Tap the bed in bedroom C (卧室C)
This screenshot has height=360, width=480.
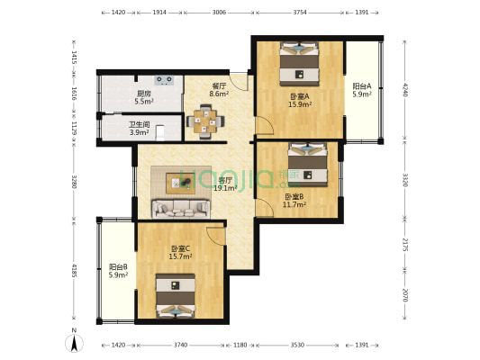[177, 294]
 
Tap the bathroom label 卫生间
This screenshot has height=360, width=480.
[139, 129]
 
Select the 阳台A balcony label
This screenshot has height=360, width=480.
[361, 90]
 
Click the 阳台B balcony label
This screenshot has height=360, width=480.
[118, 270]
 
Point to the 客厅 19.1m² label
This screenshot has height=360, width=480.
[225, 184]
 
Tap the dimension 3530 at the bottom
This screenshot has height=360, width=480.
[297, 345]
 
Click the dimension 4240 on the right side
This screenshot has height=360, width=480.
[406, 90]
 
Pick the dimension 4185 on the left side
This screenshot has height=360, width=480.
[75, 270]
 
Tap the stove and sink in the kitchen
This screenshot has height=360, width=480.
[166, 79]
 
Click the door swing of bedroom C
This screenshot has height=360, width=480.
[216, 236]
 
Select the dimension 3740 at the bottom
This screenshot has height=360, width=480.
[180, 345]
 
